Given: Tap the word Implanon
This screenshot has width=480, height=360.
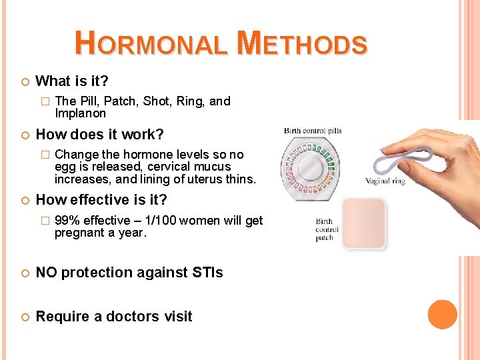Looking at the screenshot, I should pos(80,113).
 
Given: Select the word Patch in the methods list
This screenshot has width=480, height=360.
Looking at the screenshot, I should pos(117,101).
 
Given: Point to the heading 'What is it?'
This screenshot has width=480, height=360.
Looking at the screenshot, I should pos(72,81).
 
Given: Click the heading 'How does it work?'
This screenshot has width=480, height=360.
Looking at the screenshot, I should pos(99,134).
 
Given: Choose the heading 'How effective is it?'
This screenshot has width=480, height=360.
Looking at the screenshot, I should pos(101,199).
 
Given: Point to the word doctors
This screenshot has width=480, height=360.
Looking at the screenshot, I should pos(136,317).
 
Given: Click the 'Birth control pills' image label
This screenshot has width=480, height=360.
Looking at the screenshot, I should pos(313,131).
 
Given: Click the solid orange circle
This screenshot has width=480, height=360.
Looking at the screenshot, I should pos(442,315).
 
